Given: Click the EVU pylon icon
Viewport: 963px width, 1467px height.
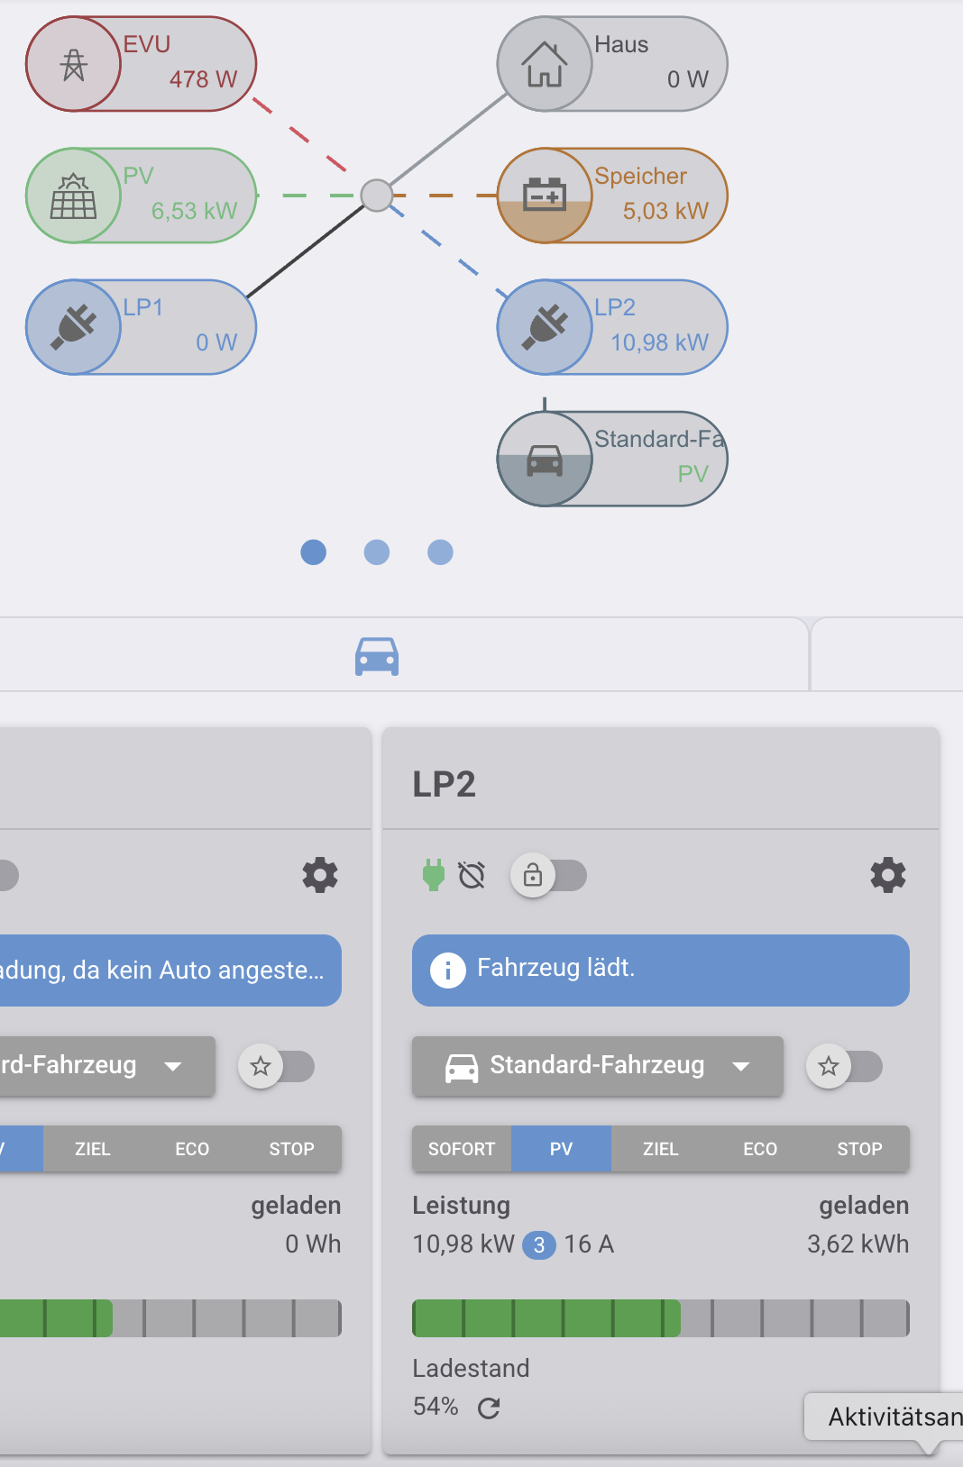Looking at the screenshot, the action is point(73,65).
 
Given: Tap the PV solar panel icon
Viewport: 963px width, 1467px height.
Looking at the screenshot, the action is point(73,196).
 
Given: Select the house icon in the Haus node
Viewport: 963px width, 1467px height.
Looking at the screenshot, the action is point(544,64).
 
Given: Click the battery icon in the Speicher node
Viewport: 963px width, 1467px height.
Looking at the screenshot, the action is point(544,194).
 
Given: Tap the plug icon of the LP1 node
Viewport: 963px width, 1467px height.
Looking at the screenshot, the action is point(73,327).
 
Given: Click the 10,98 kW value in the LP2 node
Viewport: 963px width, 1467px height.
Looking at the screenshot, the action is point(659,342).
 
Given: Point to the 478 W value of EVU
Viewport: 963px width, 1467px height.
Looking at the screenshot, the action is point(203,79).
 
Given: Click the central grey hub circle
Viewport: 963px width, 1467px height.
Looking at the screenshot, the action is point(377,196).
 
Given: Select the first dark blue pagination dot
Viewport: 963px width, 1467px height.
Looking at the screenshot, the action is point(314,552).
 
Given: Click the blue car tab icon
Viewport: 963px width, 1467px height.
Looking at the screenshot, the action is point(377,656).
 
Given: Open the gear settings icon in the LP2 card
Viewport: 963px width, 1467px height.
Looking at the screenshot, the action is point(888,875).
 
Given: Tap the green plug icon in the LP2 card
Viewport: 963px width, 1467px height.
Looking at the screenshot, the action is point(433,876).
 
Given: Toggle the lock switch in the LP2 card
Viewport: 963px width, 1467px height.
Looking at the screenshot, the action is point(549,876).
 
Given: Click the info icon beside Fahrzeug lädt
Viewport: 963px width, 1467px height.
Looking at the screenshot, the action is point(448,970).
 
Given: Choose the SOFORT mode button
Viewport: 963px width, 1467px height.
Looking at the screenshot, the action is point(462,1149).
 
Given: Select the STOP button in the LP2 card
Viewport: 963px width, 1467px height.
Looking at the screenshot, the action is point(859,1149).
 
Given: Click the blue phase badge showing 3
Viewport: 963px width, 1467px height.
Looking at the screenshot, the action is point(539,1245).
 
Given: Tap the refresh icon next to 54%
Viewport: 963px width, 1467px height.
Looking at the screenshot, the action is point(489,1408).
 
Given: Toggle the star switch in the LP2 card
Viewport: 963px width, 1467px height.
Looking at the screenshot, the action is point(844,1066).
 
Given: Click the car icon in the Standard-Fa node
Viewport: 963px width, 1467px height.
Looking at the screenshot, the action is point(545,460).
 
